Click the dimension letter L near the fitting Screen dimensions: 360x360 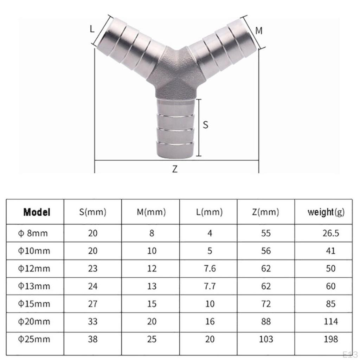[x=92, y=29]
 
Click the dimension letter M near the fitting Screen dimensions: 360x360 [x=259, y=31]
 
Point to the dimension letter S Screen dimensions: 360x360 [x=205, y=125]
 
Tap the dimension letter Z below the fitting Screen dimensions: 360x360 [x=175, y=169]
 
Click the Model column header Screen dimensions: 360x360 [x=37, y=212]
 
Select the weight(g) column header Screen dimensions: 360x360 [x=326, y=212]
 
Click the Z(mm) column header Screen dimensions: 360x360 [x=266, y=212]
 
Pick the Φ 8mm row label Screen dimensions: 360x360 [x=33, y=233]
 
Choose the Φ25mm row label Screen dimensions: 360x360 [x=34, y=339]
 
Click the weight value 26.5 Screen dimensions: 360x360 [x=330, y=233]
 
